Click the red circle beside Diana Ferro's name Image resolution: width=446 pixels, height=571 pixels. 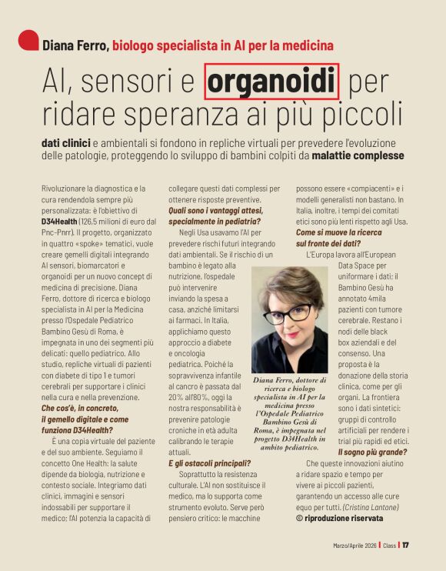point(28,40)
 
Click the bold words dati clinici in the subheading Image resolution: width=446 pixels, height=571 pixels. point(66,142)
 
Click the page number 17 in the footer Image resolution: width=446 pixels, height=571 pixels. point(405,546)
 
